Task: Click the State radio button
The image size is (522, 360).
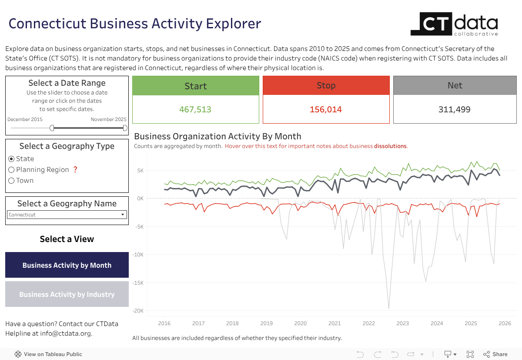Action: click(x=12, y=159)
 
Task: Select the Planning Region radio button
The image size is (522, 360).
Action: click(x=12, y=170)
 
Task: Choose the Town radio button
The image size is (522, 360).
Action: click(x=12, y=181)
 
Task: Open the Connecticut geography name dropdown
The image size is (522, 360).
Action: click(x=67, y=215)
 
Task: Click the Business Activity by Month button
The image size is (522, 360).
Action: click(x=67, y=265)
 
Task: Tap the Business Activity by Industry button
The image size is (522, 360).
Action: click(x=67, y=294)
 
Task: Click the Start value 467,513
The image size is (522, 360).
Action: click(x=195, y=110)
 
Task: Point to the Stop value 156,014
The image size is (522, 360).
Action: click(x=326, y=110)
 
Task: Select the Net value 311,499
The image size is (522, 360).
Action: click(x=455, y=110)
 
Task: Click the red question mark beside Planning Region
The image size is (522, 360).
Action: click(x=75, y=170)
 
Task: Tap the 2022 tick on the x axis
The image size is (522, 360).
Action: click(x=368, y=323)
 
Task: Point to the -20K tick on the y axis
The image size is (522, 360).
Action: click(x=138, y=311)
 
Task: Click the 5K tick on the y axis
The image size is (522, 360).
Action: click(x=140, y=170)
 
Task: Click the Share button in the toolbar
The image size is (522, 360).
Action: click(x=495, y=354)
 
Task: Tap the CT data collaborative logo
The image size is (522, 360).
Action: click(x=454, y=24)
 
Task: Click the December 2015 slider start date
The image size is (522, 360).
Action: click(x=25, y=119)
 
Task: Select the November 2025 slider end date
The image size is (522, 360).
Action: click(x=109, y=119)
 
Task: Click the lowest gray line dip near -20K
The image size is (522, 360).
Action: click(x=388, y=308)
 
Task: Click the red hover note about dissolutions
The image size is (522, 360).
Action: click(x=316, y=146)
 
